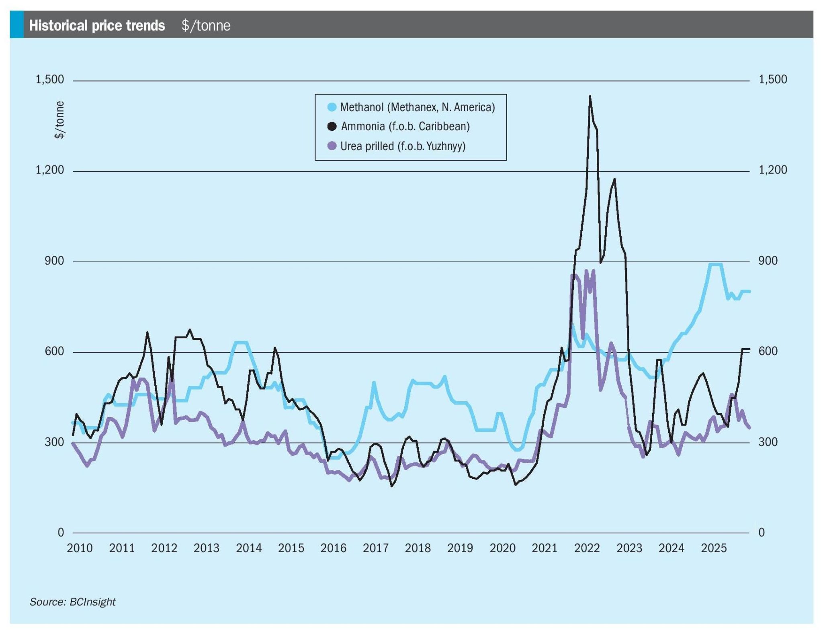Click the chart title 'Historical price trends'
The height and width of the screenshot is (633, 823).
pyautogui.click(x=97, y=26)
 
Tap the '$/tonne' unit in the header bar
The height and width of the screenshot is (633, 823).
pyautogui.click(x=206, y=26)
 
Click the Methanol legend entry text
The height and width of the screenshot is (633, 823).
pyautogui.click(x=417, y=107)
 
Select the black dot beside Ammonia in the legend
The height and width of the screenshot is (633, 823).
pyautogui.click(x=332, y=127)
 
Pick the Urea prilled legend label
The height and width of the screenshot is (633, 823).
pyautogui.click(x=403, y=146)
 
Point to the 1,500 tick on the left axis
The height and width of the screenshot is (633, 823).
pyautogui.click(x=50, y=80)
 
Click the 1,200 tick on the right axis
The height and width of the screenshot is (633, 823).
pyautogui.click(x=772, y=170)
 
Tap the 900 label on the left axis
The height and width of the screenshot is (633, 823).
pyautogui.click(x=55, y=261)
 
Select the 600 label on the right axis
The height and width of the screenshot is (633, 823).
pyautogui.click(x=768, y=351)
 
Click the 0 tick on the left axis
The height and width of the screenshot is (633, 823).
pyautogui.click(x=61, y=533)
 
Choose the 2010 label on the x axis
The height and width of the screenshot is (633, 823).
pyautogui.click(x=80, y=548)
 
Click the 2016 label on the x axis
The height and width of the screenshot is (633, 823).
pyautogui.click(x=333, y=548)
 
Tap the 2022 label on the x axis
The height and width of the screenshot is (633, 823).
pyautogui.click(x=587, y=548)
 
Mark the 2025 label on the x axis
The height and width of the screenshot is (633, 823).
pyautogui.click(x=714, y=548)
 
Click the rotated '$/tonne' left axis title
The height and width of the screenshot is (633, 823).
pyautogui.click(x=59, y=120)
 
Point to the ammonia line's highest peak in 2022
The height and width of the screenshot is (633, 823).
pyautogui.click(x=590, y=96)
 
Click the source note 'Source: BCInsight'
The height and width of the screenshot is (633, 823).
pyautogui.click(x=72, y=602)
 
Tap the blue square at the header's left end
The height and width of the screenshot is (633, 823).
pyautogui.click(x=16, y=25)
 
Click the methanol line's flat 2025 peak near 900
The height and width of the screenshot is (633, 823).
pyautogui.click(x=716, y=264)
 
